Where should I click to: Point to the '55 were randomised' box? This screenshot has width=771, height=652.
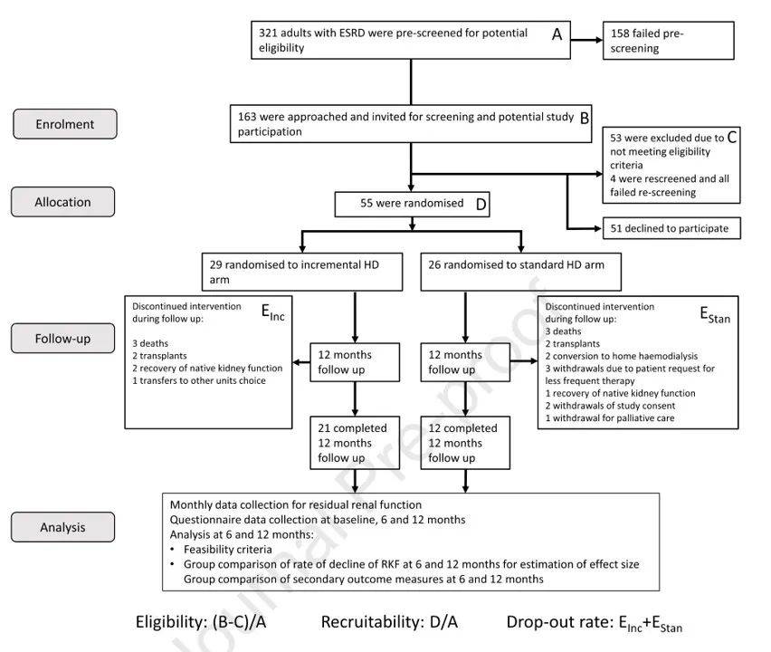tap(413, 205)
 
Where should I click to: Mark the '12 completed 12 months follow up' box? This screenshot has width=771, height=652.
tap(465, 442)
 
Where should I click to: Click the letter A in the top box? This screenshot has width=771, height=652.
tap(557, 34)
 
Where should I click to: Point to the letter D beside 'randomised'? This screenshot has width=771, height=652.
tap(481, 205)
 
